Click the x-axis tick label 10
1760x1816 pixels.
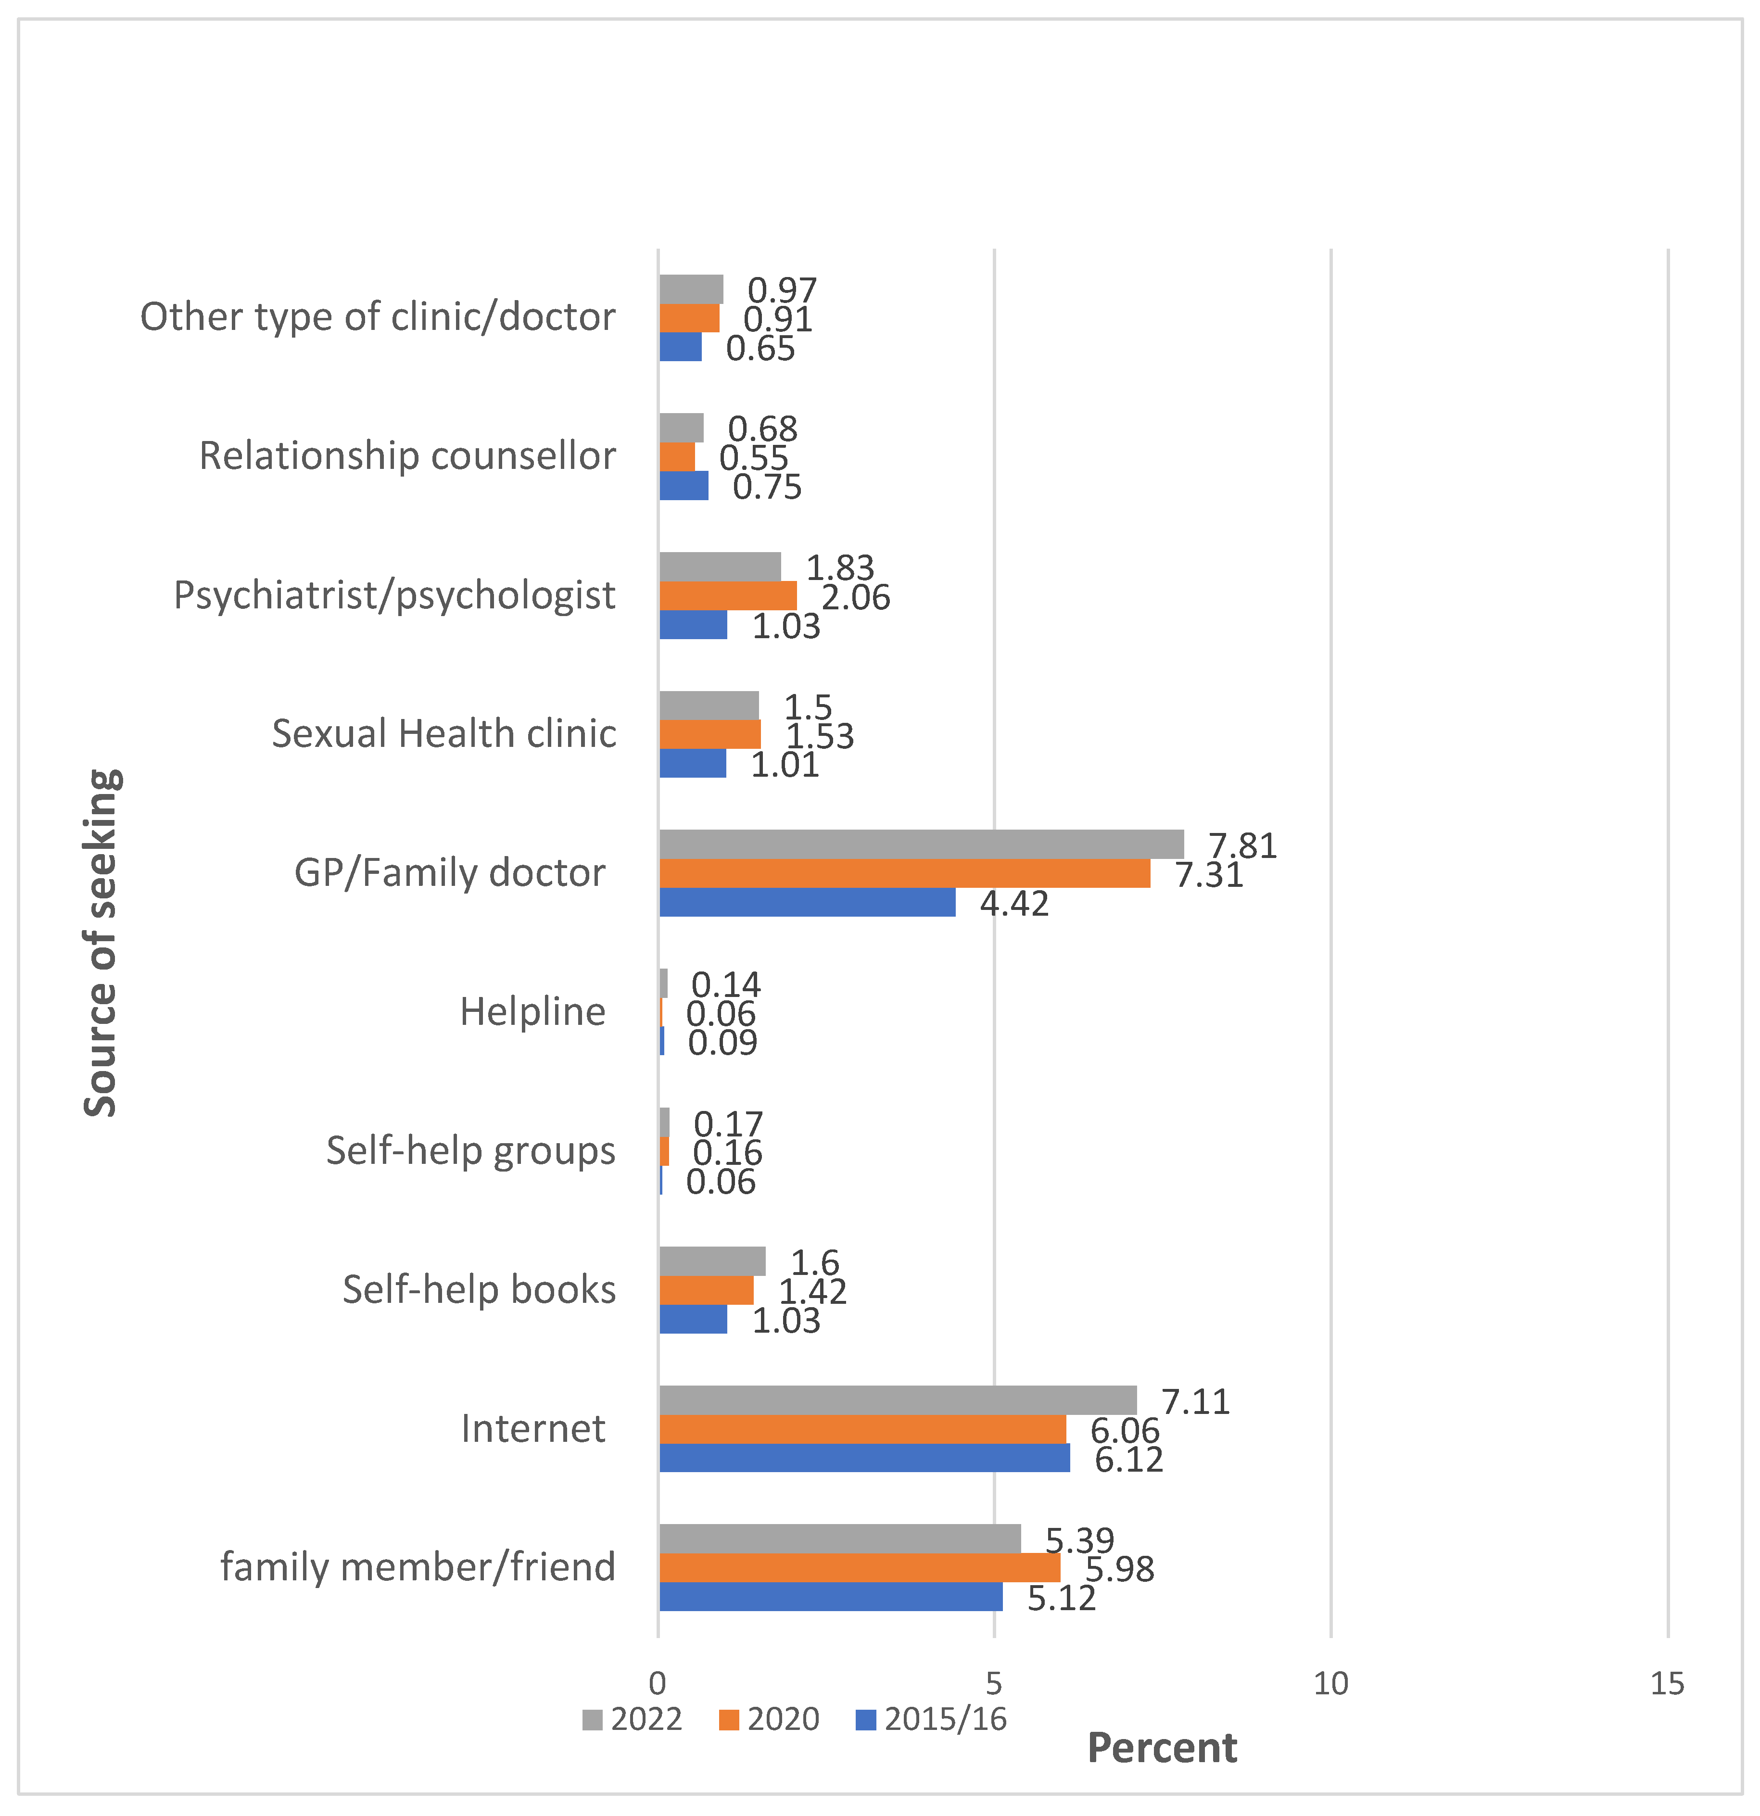[1331, 1684]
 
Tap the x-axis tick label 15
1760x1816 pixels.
[1666, 1684]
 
